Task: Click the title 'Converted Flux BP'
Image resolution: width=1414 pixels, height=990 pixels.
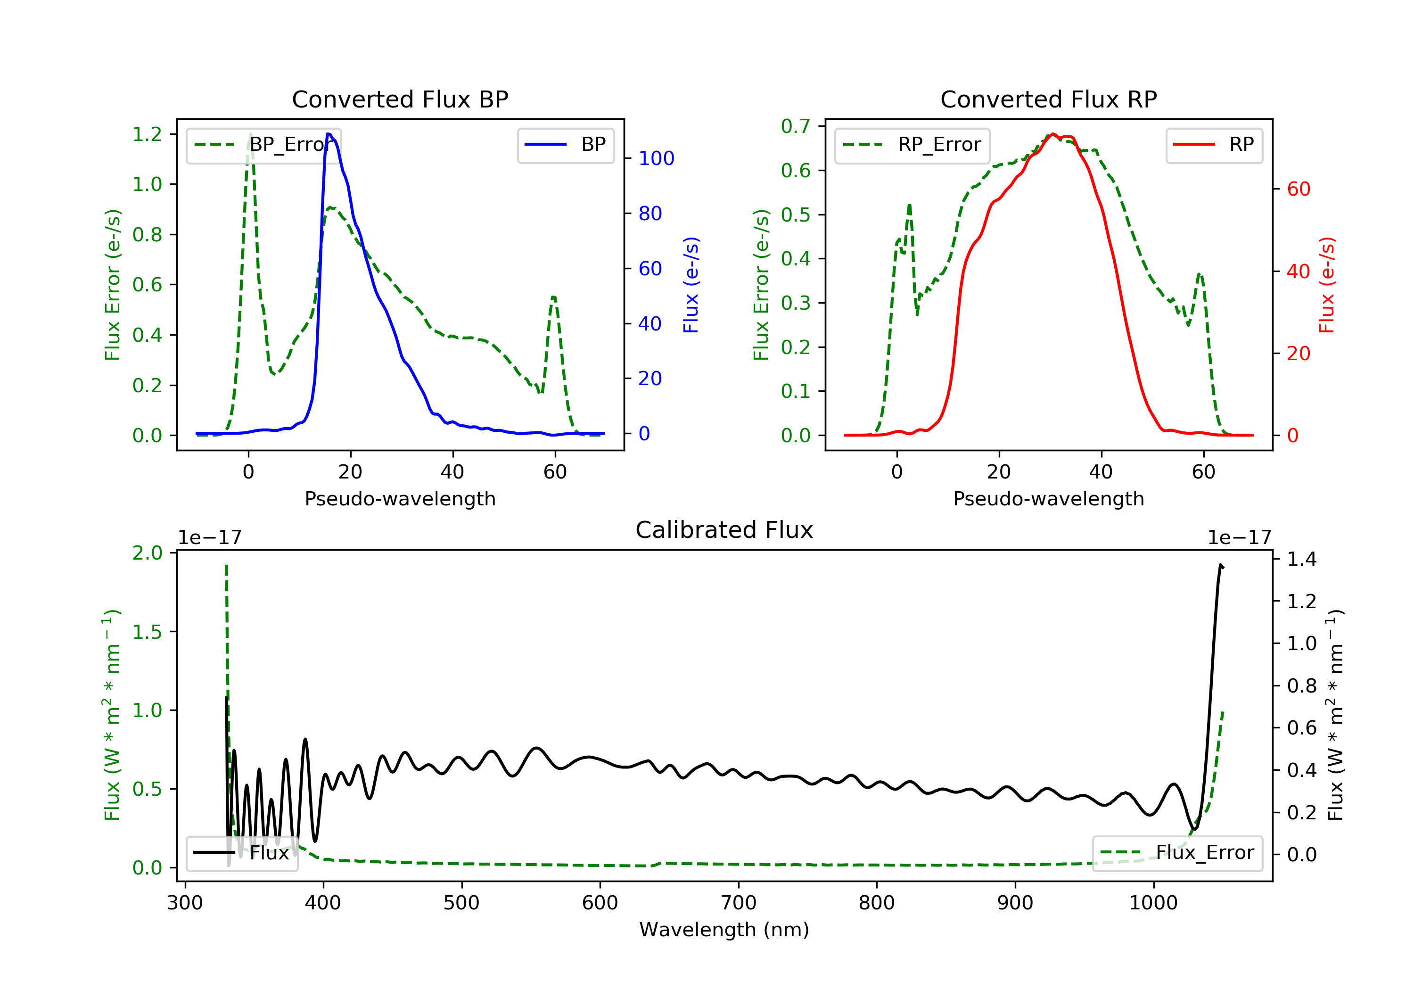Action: [x=400, y=99]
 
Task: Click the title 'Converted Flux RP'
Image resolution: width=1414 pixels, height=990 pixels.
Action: [x=1048, y=99]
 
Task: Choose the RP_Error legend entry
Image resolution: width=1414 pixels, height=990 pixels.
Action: [x=912, y=145]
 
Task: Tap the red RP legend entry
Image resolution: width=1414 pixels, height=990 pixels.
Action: [x=1214, y=145]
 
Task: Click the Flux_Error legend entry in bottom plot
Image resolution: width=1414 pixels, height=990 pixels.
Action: [x=1177, y=853]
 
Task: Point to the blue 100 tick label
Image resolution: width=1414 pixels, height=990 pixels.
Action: [x=656, y=158]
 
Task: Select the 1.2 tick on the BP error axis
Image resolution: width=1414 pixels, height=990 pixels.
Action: [x=147, y=134]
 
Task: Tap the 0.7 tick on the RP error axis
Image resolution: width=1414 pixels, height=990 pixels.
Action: [x=796, y=126]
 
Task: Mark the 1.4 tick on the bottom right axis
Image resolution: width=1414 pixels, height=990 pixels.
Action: [x=1301, y=560]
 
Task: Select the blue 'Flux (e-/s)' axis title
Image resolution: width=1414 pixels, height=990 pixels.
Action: [x=691, y=285]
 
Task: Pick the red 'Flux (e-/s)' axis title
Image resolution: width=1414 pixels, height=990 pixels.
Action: [x=1326, y=285]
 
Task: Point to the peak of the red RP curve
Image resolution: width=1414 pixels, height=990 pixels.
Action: [x=1052, y=134]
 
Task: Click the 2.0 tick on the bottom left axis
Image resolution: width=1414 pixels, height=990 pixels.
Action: [x=147, y=553]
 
